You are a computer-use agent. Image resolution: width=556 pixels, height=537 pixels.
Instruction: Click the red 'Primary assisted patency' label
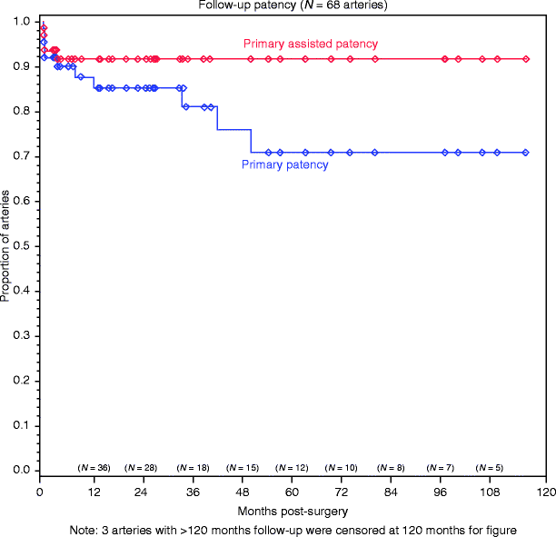click(311, 44)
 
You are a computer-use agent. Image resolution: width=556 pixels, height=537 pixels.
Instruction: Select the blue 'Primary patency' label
click(283, 165)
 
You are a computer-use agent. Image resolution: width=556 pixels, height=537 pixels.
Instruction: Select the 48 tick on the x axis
click(242, 492)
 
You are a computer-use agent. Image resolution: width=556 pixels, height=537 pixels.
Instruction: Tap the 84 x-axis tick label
click(393, 492)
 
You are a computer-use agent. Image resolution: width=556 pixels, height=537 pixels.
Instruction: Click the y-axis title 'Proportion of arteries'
click(7, 245)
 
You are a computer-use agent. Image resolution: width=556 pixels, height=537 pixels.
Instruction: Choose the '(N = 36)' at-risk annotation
click(94, 468)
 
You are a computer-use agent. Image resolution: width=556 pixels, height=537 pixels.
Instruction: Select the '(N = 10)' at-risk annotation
click(341, 468)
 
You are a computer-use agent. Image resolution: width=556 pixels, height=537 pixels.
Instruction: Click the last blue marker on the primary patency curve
click(526, 153)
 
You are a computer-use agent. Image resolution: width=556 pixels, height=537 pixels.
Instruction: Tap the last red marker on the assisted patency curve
click(526, 59)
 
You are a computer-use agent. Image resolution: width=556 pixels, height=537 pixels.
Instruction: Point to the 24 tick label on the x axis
click(141, 492)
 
